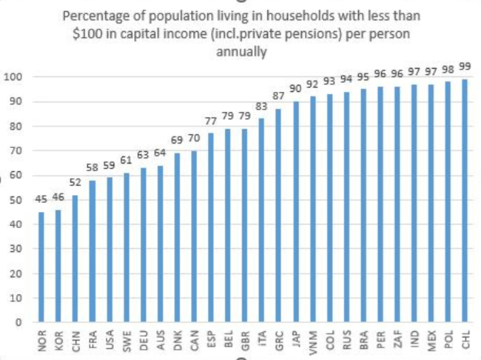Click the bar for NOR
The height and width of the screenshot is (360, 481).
click(x=41, y=267)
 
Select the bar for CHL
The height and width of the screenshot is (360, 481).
click(x=464, y=201)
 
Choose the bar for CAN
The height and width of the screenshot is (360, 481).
click(x=193, y=236)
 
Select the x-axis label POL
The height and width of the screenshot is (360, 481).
click(x=448, y=341)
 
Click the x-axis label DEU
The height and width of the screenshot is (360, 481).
click(x=143, y=341)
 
